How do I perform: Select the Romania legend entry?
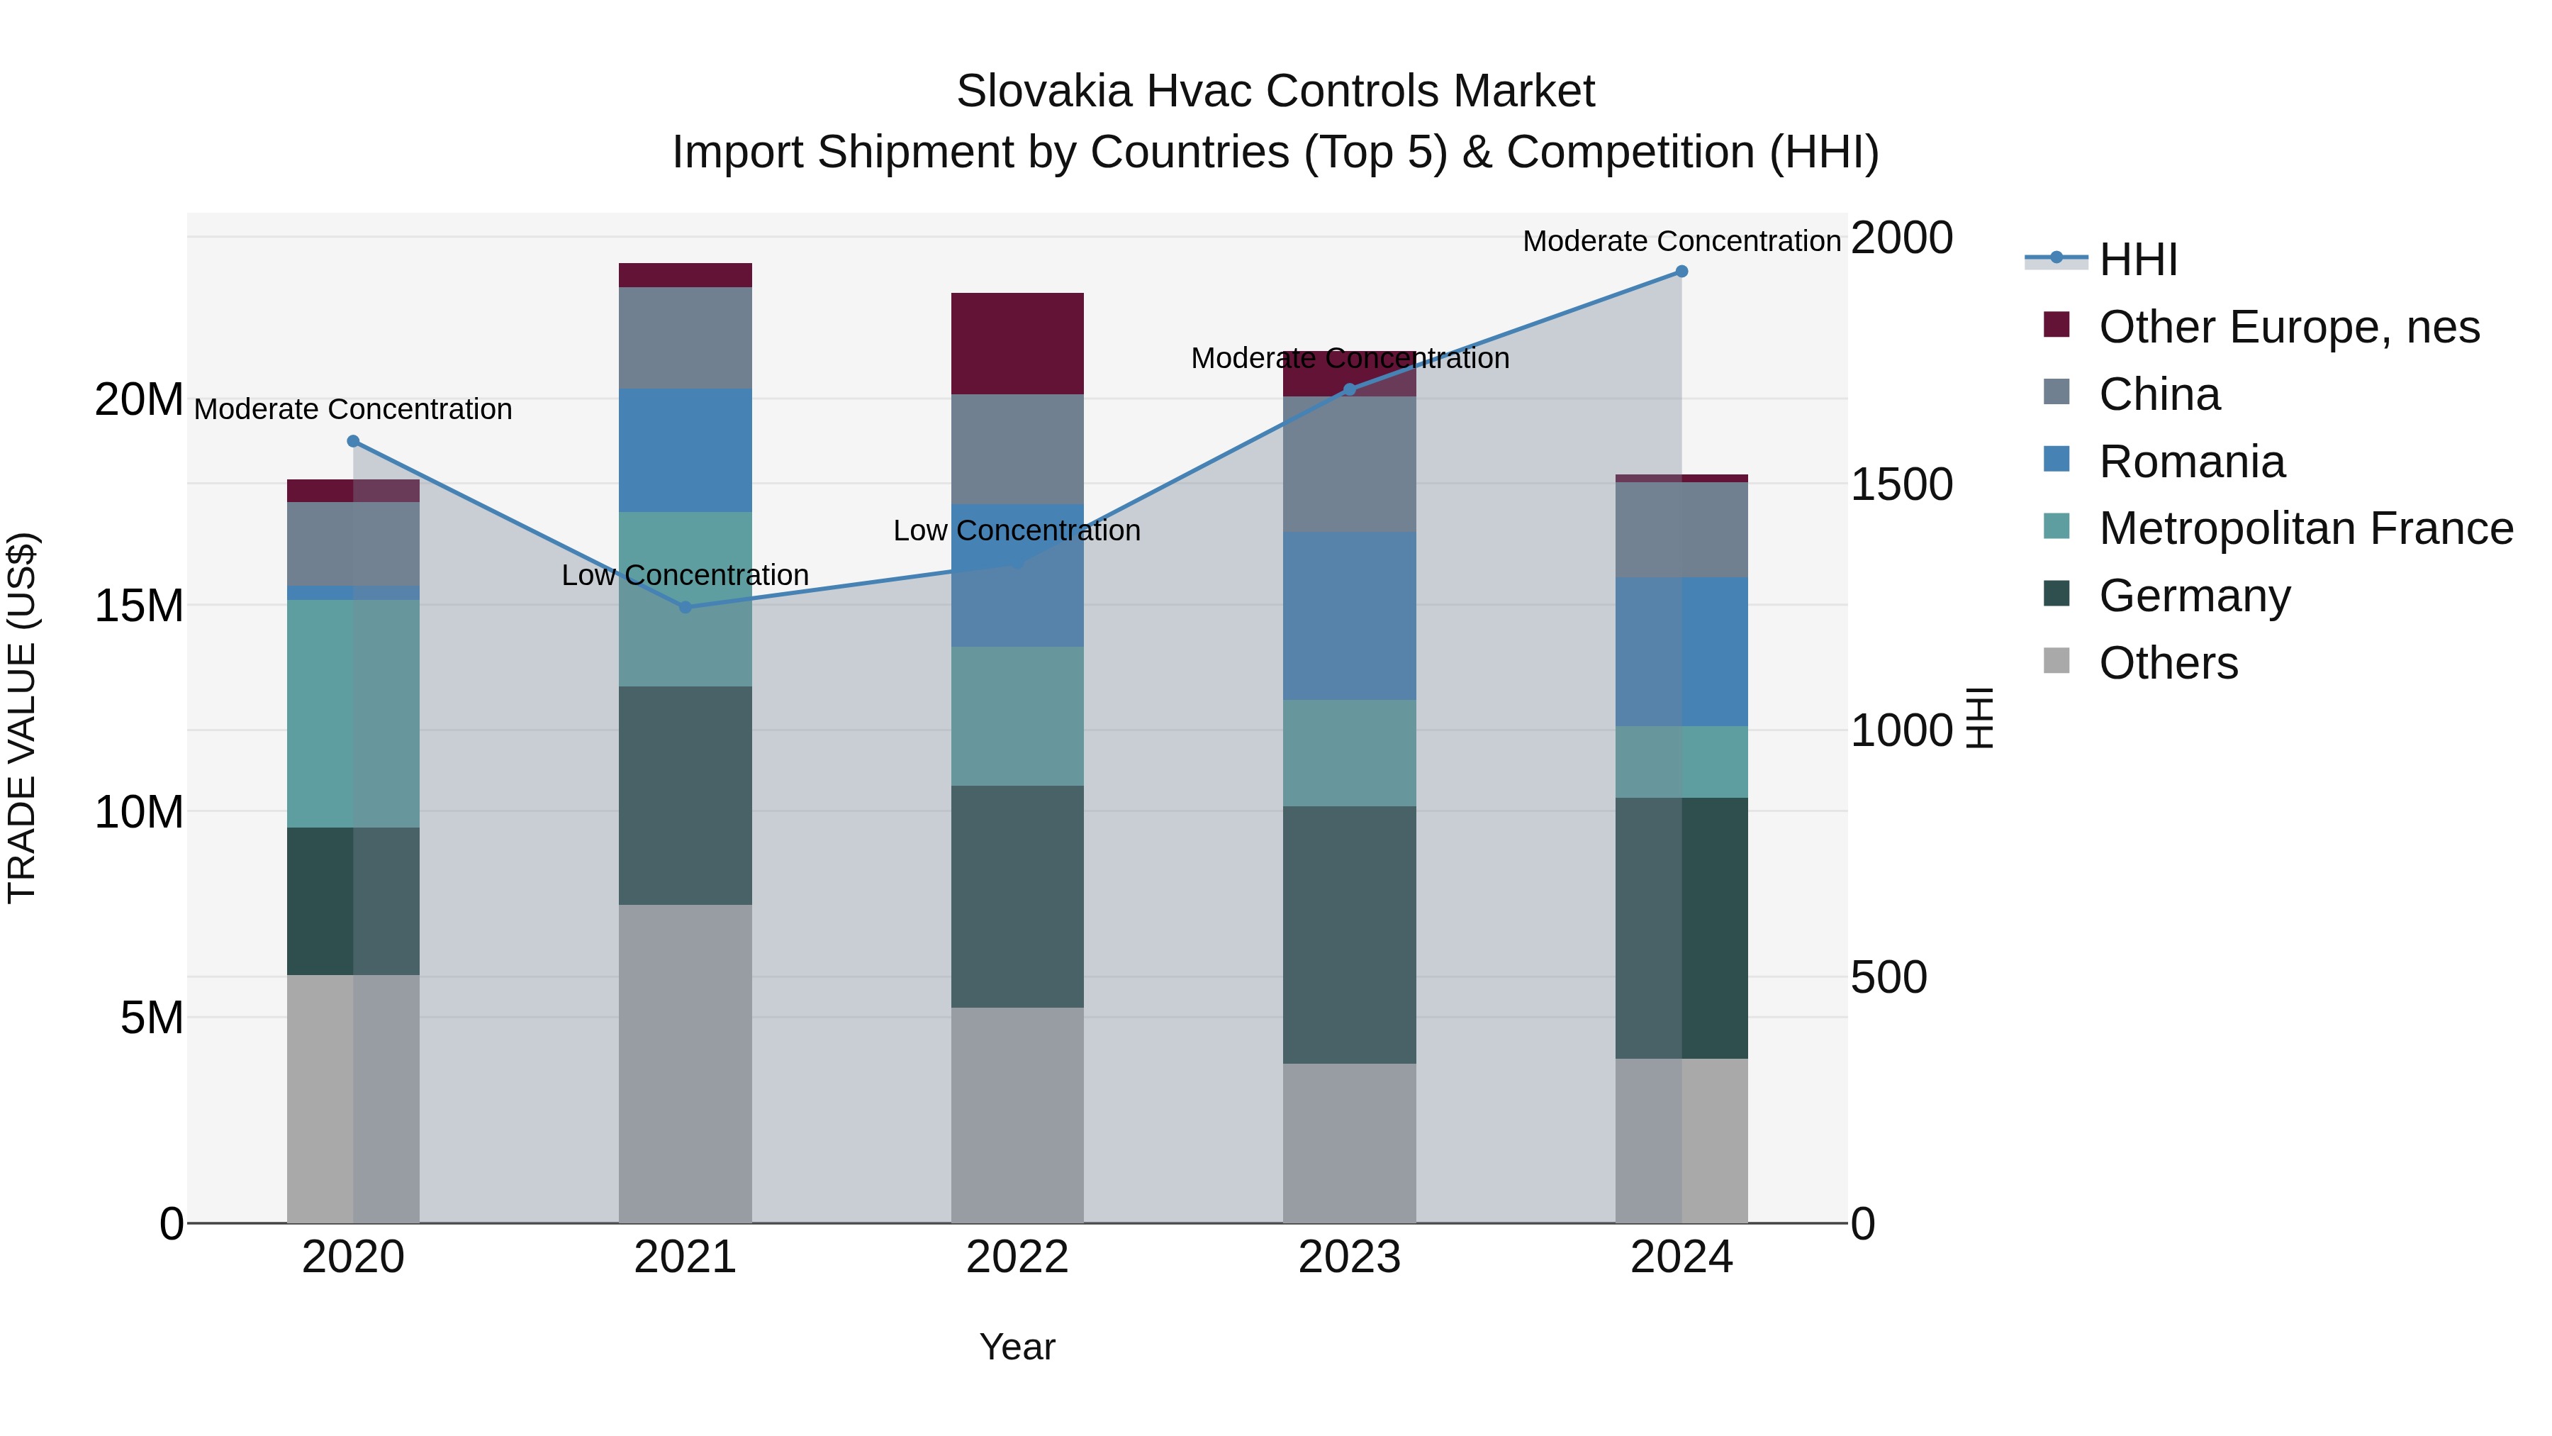pyautogui.click(x=2191, y=462)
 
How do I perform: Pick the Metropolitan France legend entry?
pyautogui.click(x=2305, y=528)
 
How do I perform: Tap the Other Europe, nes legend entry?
pyautogui.click(x=2288, y=327)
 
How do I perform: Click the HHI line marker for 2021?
pyautogui.click(x=685, y=606)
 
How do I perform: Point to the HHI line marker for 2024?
pyautogui.click(x=1681, y=272)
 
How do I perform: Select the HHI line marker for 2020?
pyautogui.click(x=353, y=441)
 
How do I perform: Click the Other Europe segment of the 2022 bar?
pyautogui.click(x=1017, y=343)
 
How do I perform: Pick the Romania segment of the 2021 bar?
pyautogui.click(x=685, y=450)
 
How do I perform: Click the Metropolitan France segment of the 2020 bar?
pyautogui.click(x=353, y=713)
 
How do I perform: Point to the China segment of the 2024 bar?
pyautogui.click(x=1681, y=529)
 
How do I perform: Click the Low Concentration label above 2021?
pyautogui.click(x=685, y=575)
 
